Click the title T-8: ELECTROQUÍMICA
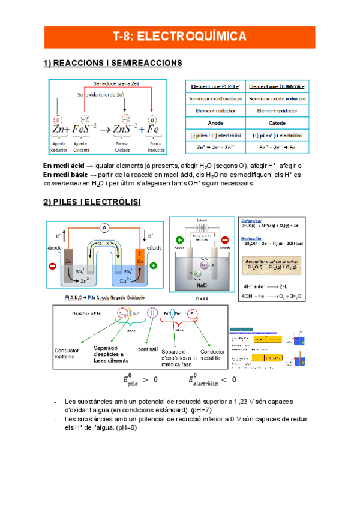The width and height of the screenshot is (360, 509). (x=179, y=37)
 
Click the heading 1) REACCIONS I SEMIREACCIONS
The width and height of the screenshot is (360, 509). (x=113, y=63)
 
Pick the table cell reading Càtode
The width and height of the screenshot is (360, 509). (x=277, y=122)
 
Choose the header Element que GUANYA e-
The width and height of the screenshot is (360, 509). (x=277, y=86)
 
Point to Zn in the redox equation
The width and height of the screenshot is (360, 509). (x=61, y=128)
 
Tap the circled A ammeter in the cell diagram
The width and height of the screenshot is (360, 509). (x=104, y=227)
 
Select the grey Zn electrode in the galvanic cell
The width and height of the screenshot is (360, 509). (x=70, y=262)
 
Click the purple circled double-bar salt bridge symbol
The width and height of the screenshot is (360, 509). (x=153, y=313)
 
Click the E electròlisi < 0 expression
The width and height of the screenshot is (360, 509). (x=212, y=379)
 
